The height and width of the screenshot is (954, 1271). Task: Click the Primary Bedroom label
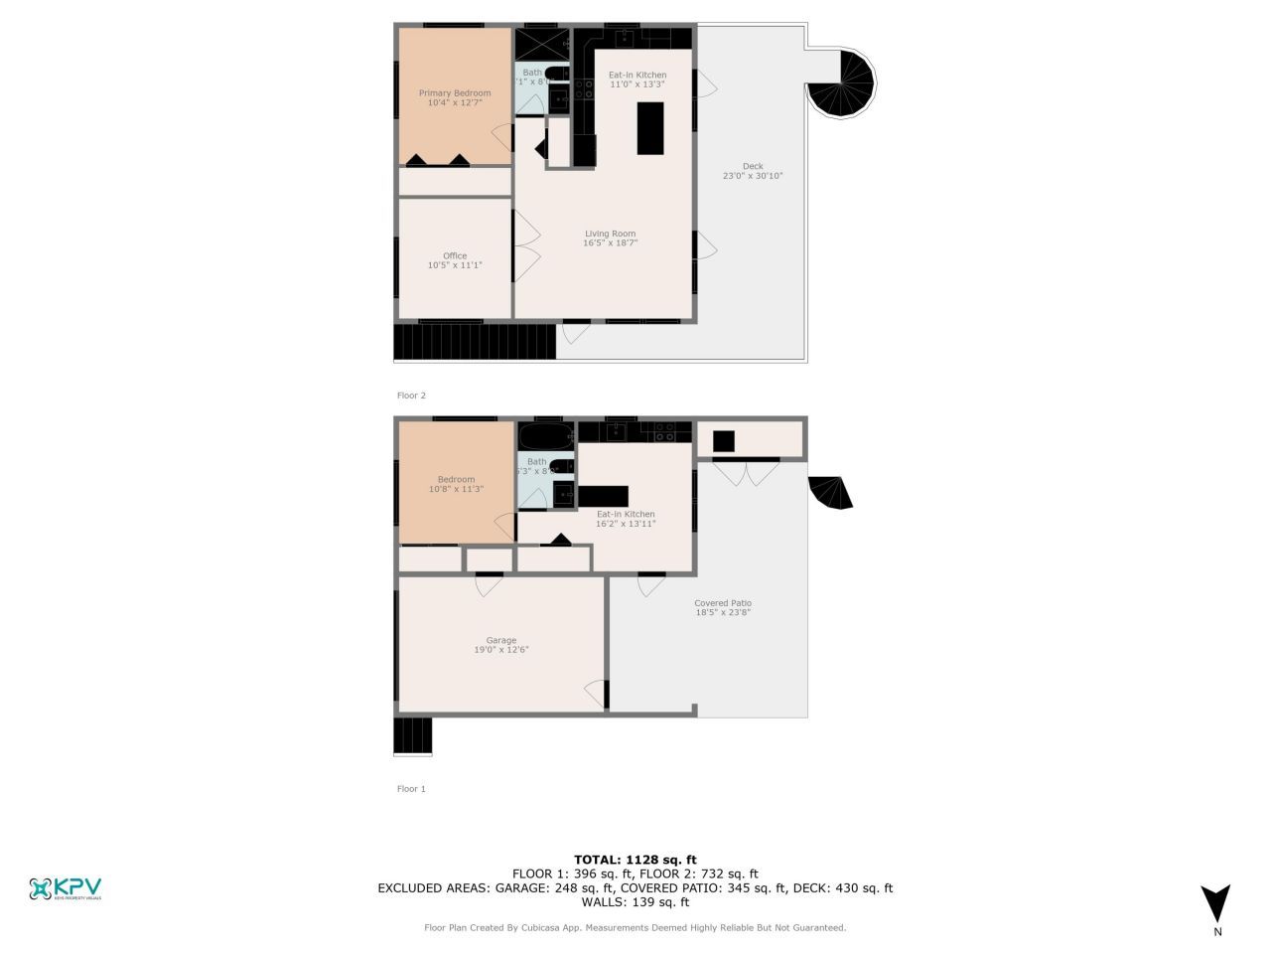click(x=455, y=93)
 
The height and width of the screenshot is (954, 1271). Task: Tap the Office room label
click(x=455, y=255)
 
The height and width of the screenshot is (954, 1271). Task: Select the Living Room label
click(x=610, y=234)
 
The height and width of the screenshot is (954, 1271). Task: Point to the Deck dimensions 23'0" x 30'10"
click(x=753, y=176)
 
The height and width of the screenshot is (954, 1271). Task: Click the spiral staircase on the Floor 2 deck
click(x=841, y=84)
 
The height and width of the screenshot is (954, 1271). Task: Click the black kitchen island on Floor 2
click(x=650, y=128)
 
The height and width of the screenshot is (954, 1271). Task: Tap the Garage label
click(x=501, y=640)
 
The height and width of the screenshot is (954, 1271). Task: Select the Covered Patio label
click(x=723, y=603)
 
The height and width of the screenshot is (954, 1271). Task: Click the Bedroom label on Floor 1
click(x=457, y=479)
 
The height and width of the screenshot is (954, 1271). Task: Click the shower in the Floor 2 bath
click(x=541, y=44)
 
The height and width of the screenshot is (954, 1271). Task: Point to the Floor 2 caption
click(x=411, y=396)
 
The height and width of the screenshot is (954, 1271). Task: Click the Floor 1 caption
click(x=411, y=789)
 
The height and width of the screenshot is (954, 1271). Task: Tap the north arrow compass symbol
click(x=1215, y=903)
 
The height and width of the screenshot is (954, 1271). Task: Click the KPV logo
click(x=66, y=888)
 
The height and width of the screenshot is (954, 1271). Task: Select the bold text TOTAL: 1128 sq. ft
click(x=635, y=860)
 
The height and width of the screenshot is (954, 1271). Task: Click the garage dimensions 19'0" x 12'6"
click(x=501, y=650)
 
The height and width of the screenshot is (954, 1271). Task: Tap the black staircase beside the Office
click(x=475, y=342)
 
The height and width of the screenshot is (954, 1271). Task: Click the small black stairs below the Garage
click(x=413, y=736)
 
